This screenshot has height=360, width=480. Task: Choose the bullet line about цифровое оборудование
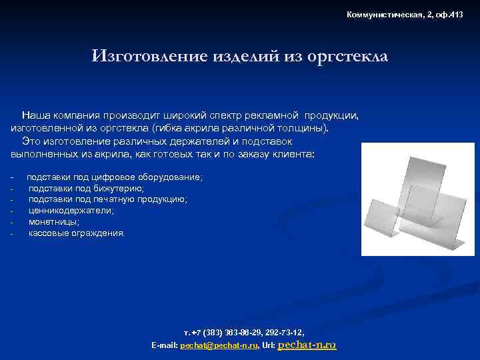point(114,177)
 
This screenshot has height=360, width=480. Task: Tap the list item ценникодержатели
point(71,211)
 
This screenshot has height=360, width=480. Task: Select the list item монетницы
point(53,222)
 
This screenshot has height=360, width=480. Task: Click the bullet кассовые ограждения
point(75,233)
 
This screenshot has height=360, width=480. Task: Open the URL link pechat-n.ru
point(306,345)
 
